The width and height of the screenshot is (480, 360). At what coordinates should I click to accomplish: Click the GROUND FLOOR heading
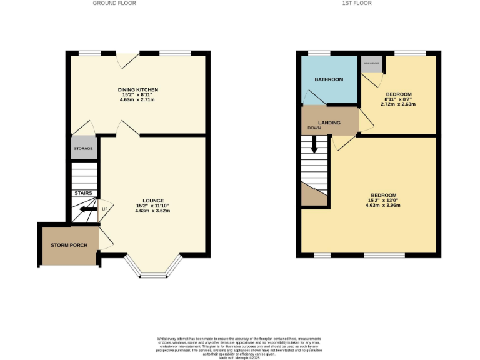tap(114, 3)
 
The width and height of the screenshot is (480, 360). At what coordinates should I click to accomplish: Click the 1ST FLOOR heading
tap(357, 3)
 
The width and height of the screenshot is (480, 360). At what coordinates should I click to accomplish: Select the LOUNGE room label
tap(152, 200)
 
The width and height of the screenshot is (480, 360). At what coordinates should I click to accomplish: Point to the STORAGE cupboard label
tap(84, 149)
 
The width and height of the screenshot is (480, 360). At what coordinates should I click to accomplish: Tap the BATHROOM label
tap(329, 79)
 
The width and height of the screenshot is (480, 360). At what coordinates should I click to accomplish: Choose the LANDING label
tap(329, 122)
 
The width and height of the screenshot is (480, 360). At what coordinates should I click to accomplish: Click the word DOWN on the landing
tap(313, 129)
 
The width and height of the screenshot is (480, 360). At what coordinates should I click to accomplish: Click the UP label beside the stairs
tap(104, 209)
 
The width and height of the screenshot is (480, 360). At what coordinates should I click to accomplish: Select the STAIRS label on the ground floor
tap(83, 193)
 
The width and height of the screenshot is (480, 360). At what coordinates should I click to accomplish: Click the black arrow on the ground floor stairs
tap(88, 211)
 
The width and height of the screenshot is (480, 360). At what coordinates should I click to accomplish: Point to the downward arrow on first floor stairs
tap(314, 146)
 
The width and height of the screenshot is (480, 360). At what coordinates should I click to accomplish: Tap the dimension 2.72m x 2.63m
tap(398, 104)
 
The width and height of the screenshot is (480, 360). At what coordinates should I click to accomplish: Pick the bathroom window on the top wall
tap(320, 53)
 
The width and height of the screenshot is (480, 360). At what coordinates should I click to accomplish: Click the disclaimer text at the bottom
tap(240, 346)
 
